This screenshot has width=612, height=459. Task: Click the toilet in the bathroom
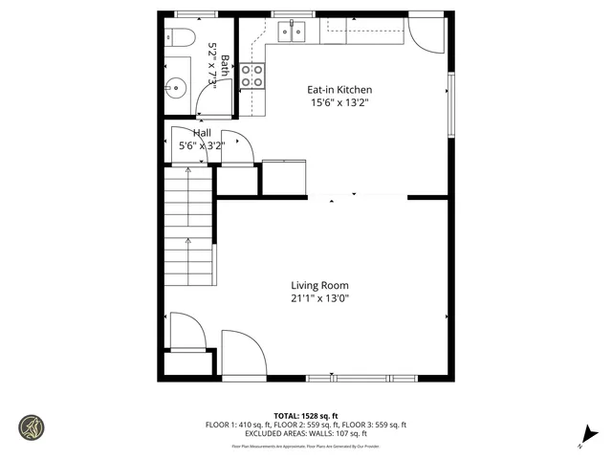coord(176,38)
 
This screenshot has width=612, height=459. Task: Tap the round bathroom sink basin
coord(175,89)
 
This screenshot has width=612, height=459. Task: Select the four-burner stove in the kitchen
coord(252,76)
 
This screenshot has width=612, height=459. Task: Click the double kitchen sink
coord(292,33)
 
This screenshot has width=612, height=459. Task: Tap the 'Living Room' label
coord(319,285)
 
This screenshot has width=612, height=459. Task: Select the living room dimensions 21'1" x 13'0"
coord(319,298)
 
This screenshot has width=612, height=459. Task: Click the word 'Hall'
coord(202,133)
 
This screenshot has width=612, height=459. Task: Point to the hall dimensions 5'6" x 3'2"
coord(202,146)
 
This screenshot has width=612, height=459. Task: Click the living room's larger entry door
coord(242,354)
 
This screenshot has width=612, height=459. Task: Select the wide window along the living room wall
coord(373,378)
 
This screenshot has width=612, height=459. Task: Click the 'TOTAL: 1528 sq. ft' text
coord(305,416)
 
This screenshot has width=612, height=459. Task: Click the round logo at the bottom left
coord(32,426)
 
